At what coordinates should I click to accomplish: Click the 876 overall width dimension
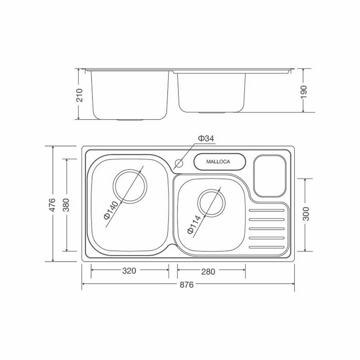pyautogui.click(x=187, y=285)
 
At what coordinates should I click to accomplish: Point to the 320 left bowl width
pyautogui.click(x=129, y=271)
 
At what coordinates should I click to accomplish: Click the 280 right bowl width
pyautogui.click(x=208, y=272)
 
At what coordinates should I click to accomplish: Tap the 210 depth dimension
pyautogui.click(x=79, y=94)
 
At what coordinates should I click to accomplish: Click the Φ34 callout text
pyautogui.click(x=206, y=138)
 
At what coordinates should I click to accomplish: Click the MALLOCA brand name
pyautogui.click(x=218, y=162)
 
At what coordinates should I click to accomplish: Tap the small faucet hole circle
pyautogui.click(x=179, y=163)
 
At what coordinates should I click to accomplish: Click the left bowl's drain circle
pyautogui.click(x=130, y=186)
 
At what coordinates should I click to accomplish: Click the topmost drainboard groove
pyautogui.click(x=266, y=210)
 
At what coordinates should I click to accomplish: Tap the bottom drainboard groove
pyautogui.click(x=266, y=247)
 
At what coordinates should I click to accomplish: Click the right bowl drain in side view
pyautogui.click(x=212, y=113)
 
